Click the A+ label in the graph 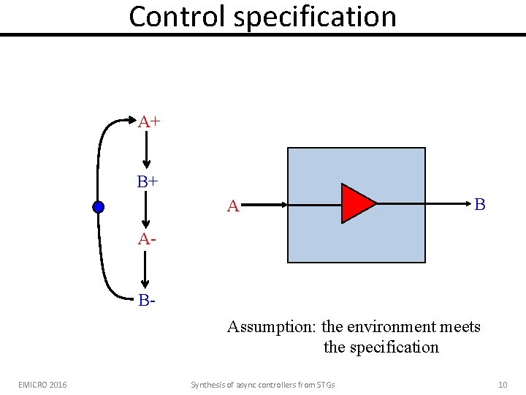[x=150, y=121]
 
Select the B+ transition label [x=148, y=181]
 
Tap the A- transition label [x=147, y=239]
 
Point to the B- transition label [x=146, y=300]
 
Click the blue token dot [x=99, y=207]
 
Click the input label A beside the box [x=233, y=207]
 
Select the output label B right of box [x=479, y=204]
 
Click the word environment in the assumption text [x=394, y=326]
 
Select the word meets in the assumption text [x=460, y=326]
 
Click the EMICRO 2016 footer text [x=42, y=385]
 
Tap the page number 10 [x=502, y=385]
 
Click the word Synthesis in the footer [x=208, y=385]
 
